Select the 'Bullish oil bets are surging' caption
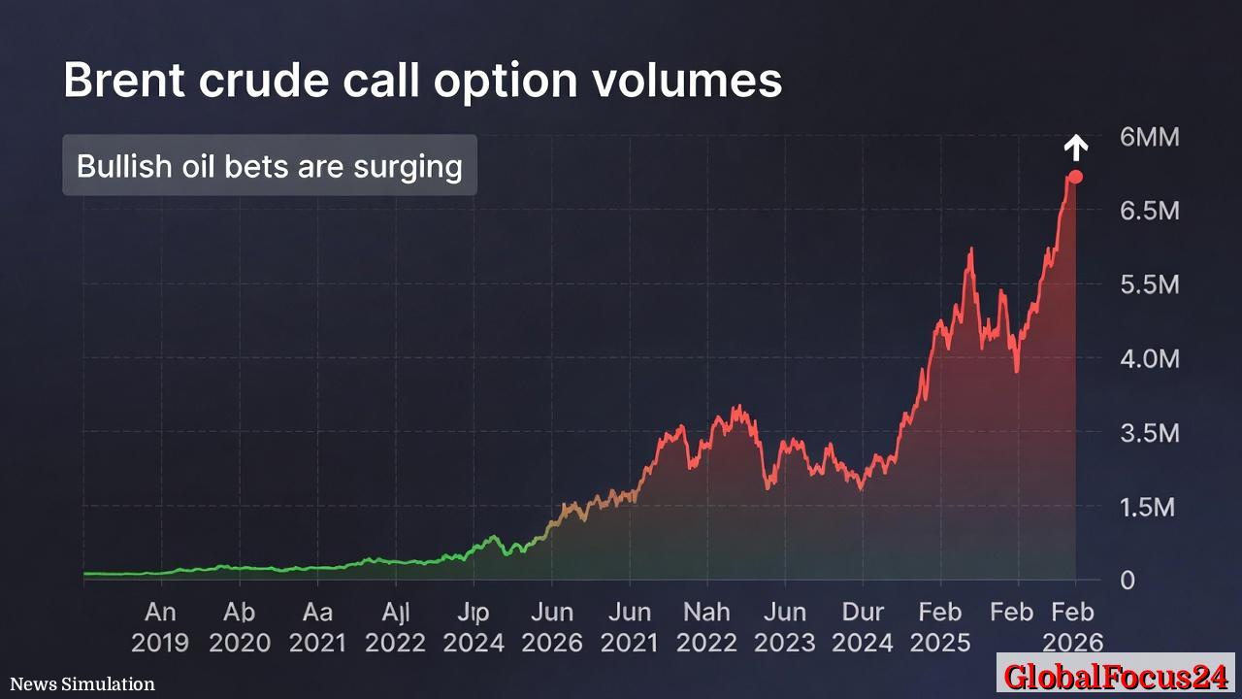pos(270,166)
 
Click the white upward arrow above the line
pos(1075,148)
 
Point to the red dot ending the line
pos(1075,177)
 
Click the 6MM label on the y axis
pos(1149,137)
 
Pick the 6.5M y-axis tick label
pos(1149,211)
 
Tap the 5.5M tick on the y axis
pos(1149,284)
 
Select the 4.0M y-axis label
pos(1149,358)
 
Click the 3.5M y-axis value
pos(1149,433)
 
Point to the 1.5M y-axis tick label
pos(1149,507)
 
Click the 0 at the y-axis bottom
pos(1128,581)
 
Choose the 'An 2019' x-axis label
pos(161,627)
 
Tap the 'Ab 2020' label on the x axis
pos(240,627)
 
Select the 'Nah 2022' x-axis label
pos(707,627)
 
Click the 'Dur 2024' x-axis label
pos(863,627)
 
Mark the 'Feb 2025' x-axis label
pos(940,627)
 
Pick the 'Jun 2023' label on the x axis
pos(785,627)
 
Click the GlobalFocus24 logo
pos(1116,676)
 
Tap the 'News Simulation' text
pos(82,684)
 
